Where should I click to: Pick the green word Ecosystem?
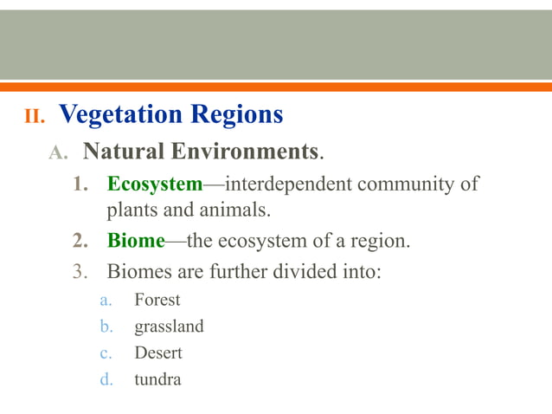coord(154,184)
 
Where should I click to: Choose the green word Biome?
coord(135,240)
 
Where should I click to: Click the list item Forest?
coord(157,301)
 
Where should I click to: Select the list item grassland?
coord(169,327)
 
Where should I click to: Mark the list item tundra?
coord(157,378)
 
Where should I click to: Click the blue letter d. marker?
coord(106,378)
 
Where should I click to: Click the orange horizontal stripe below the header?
coord(276,87)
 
